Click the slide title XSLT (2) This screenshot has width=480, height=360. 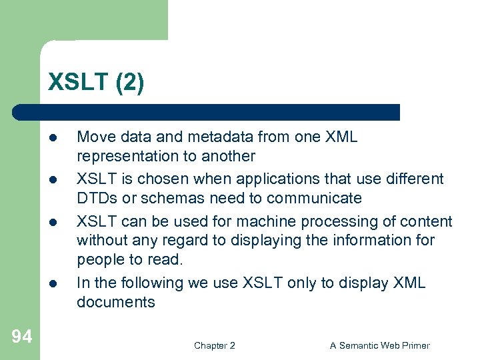95,83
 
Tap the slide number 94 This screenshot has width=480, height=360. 21,337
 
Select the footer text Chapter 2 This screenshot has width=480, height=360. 214,345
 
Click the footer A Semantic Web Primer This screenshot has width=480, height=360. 379,345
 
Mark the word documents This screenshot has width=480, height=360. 115,302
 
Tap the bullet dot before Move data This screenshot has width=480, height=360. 52,138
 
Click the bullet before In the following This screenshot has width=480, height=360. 52,283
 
